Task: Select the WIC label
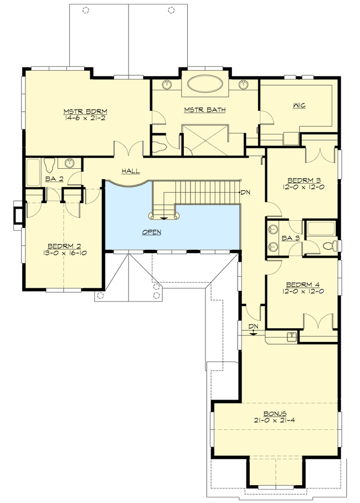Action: pyautogui.click(x=299, y=105)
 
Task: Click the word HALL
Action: pyautogui.click(x=131, y=172)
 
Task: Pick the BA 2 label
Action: pyautogui.click(x=53, y=180)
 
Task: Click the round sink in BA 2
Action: pyautogui.click(x=70, y=163)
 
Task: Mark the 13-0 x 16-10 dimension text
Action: pyautogui.click(x=66, y=253)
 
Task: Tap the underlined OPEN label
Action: pyautogui.click(x=151, y=232)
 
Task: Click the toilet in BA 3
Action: pyautogui.click(x=330, y=245)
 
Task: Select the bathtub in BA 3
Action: pyautogui.click(x=320, y=227)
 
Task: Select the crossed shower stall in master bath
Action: pyautogui.click(x=204, y=139)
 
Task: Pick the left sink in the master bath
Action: pyautogui.click(x=167, y=85)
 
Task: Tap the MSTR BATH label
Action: pyautogui.click(x=205, y=110)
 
